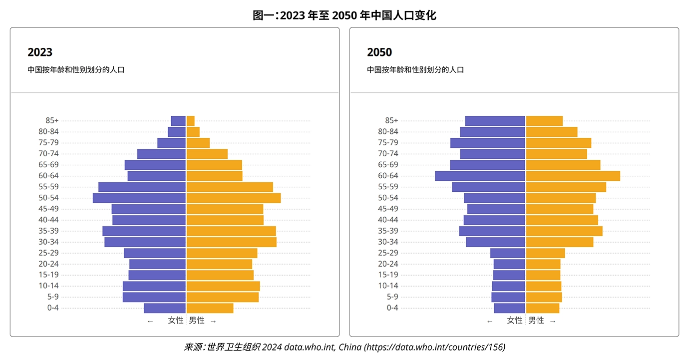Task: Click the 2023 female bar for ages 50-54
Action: pyautogui.click(x=139, y=198)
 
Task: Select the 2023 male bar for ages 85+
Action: pyautogui.click(x=190, y=121)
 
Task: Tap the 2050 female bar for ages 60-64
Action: pyautogui.click(x=480, y=176)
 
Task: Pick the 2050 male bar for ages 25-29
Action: pyautogui.click(x=545, y=253)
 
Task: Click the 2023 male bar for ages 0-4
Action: pyautogui.click(x=210, y=308)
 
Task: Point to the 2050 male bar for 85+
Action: pyautogui.click(x=544, y=121)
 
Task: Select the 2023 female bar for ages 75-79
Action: pyautogui.click(x=171, y=143)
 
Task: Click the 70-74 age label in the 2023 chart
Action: pyautogui.click(x=49, y=154)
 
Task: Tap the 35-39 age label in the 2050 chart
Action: pyautogui.click(x=388, y=231)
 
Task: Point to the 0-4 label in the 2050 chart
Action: pyautogui.click(x=392, y=308)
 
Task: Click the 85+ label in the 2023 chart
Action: pyautogui.click(x=52, y=120)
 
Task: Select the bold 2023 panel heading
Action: pyautogui.click(x=40, y=52)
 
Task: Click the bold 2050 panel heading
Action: pyautogui.click(x=379, y=52)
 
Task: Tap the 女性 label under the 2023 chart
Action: pyautogui.click(x=176, y=321)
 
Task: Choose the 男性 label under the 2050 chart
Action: pyautogui.click(x=536, y=321)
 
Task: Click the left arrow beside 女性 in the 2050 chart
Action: pyautogui.click(x=490, y=321)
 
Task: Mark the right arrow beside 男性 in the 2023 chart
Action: pyautogui.click(x=213, y=321)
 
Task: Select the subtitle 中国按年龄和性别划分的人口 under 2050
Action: pyautogui.click(x=415, y=70)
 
